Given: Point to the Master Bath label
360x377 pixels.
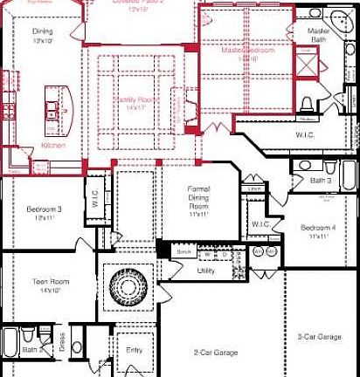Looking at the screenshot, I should pos(318,34).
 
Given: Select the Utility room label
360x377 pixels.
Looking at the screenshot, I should pos(206,271).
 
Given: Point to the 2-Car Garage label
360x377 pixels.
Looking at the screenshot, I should pos(216,352).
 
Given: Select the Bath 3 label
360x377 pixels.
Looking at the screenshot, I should pos(323,181).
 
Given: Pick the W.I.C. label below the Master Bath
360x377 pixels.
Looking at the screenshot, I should pos(305,134).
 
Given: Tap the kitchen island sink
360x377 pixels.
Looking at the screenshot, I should pos(53,111).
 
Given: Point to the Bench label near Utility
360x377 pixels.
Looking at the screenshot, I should pos(184,251).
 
